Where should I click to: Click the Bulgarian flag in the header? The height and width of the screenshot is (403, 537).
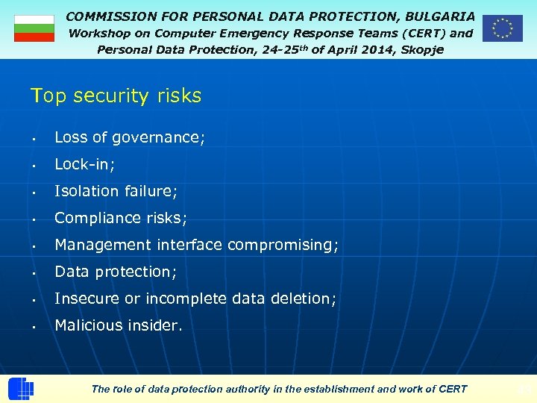coord(34,28)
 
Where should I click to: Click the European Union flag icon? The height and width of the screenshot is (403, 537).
coord(502,28)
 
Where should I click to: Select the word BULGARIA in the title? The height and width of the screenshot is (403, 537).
coord(440,16)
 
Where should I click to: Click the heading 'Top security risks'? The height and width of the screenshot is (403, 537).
coord(116,96)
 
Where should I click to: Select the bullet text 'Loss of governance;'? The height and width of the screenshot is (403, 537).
coord(130,137)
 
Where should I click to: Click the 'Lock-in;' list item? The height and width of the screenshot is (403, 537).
coord(84,164)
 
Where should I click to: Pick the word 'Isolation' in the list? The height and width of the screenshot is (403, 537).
coord(87,191)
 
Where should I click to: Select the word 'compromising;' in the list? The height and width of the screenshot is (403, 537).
coord(283,245)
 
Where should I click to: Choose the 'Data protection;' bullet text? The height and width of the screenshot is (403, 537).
coord(116,272)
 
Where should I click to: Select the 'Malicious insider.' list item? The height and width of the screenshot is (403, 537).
coord(118,325)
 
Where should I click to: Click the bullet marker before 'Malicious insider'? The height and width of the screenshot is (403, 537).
coord(34,327)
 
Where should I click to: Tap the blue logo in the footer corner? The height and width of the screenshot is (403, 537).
coord(21,389)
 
